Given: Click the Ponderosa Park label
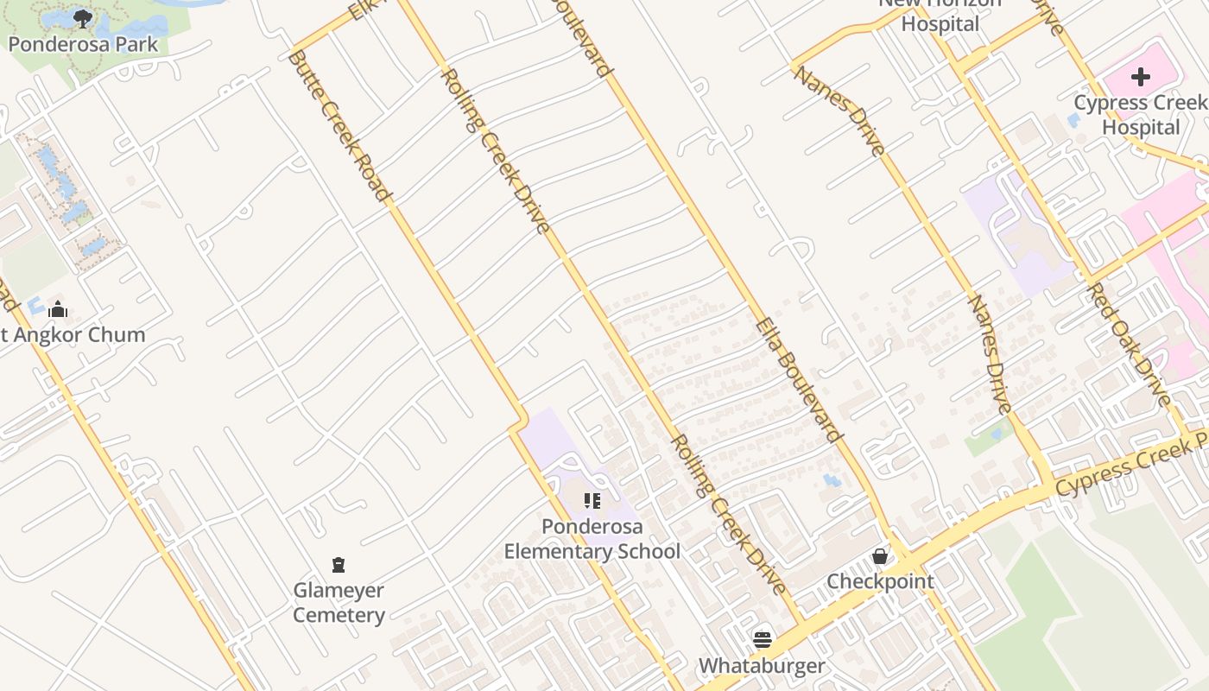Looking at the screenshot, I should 83,44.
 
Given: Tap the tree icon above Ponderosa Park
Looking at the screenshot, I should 83,19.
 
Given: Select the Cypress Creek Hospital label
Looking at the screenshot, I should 1140,115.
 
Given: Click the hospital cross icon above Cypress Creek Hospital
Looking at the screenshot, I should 1141,77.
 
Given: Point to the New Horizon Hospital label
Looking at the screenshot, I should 940,14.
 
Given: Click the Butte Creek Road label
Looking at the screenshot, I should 338,126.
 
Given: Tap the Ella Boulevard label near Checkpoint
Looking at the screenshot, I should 798,380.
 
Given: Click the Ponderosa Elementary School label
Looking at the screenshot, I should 592,539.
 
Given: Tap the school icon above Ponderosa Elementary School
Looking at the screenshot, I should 592,501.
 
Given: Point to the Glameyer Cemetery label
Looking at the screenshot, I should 339,603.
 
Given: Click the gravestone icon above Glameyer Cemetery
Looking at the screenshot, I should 339,565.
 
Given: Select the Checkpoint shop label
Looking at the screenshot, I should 880,581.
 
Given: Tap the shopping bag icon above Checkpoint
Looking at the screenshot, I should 880,555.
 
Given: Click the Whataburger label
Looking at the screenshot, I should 762,666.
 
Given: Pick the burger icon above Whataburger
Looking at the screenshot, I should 763,639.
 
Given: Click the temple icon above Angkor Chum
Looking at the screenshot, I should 58,309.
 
